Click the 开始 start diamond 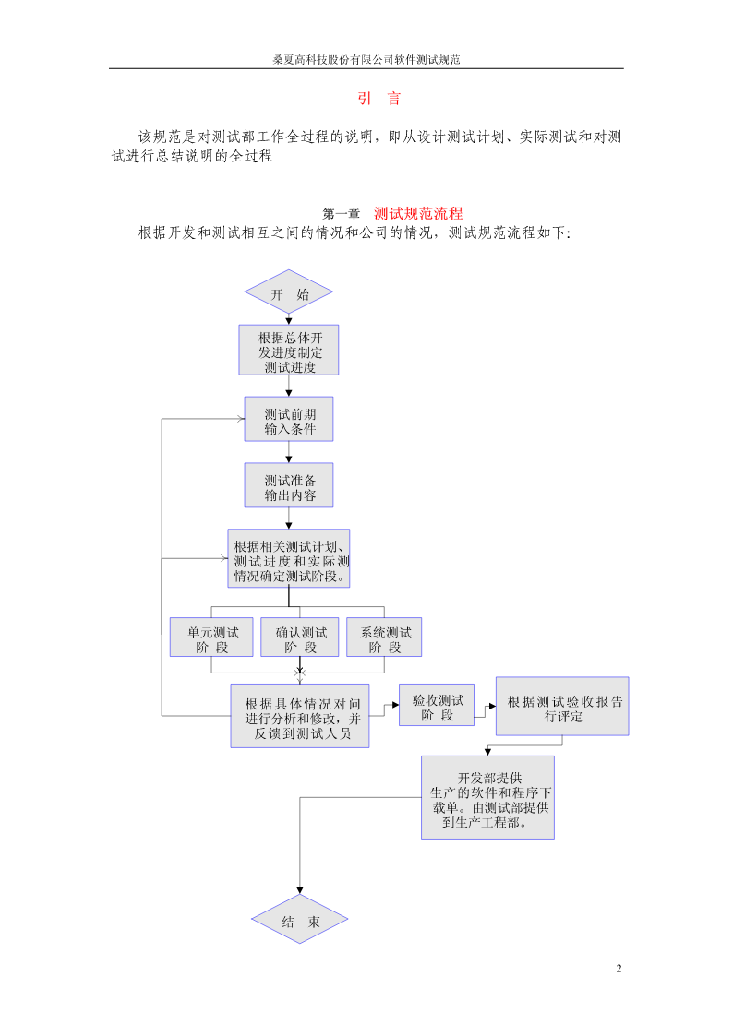tap(288, 292)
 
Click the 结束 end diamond tap(299, 919)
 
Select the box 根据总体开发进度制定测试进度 tap(289, 351)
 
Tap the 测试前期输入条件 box tap(289, 419)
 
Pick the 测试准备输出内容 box tap(289, 485)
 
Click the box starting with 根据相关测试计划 tap(289, 558)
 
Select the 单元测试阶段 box tap(211, 637)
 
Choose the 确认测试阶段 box tap(300, 637)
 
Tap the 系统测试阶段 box tap(384, 637)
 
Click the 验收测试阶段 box tap(437, 705)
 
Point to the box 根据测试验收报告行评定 tap(562, 707)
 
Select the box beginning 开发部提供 tap(487, 797)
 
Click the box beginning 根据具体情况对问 tap(300, 716)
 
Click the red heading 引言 tap(379, 99)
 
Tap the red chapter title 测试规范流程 tap(418, 213)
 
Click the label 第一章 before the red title tap(341, 213)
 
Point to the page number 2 tap(619, 969)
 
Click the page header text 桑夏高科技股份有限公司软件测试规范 tap(366, 59)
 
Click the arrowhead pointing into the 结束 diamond tap(300, 890)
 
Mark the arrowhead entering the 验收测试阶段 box tap(395, 705)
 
